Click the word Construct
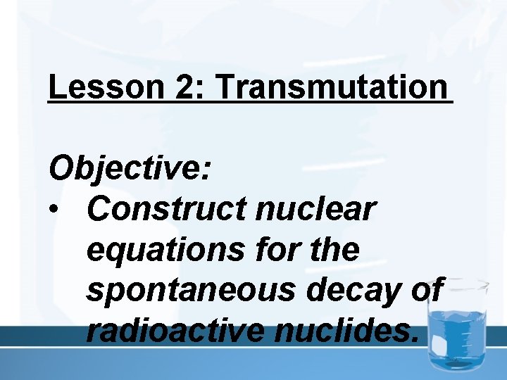165,209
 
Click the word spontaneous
188,289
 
